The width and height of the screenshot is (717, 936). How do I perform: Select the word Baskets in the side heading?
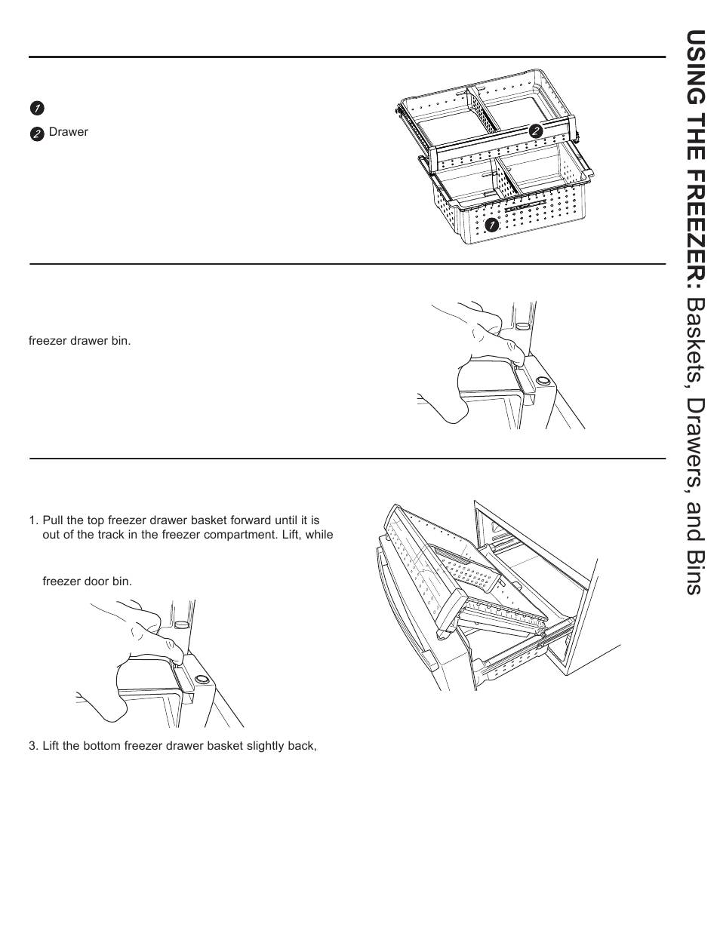point(694,336)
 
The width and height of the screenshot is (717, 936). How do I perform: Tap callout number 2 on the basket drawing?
point(535,130)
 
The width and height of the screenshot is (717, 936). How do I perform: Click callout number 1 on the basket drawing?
point(491,225)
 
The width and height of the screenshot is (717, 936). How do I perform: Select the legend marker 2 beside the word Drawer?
point(37,133)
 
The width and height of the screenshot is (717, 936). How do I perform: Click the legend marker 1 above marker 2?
point(37,108)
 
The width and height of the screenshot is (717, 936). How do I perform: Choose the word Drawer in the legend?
point(69,132)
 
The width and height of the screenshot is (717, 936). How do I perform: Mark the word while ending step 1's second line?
point(319,535)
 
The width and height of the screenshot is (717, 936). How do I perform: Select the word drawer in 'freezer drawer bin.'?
point(82,341)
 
